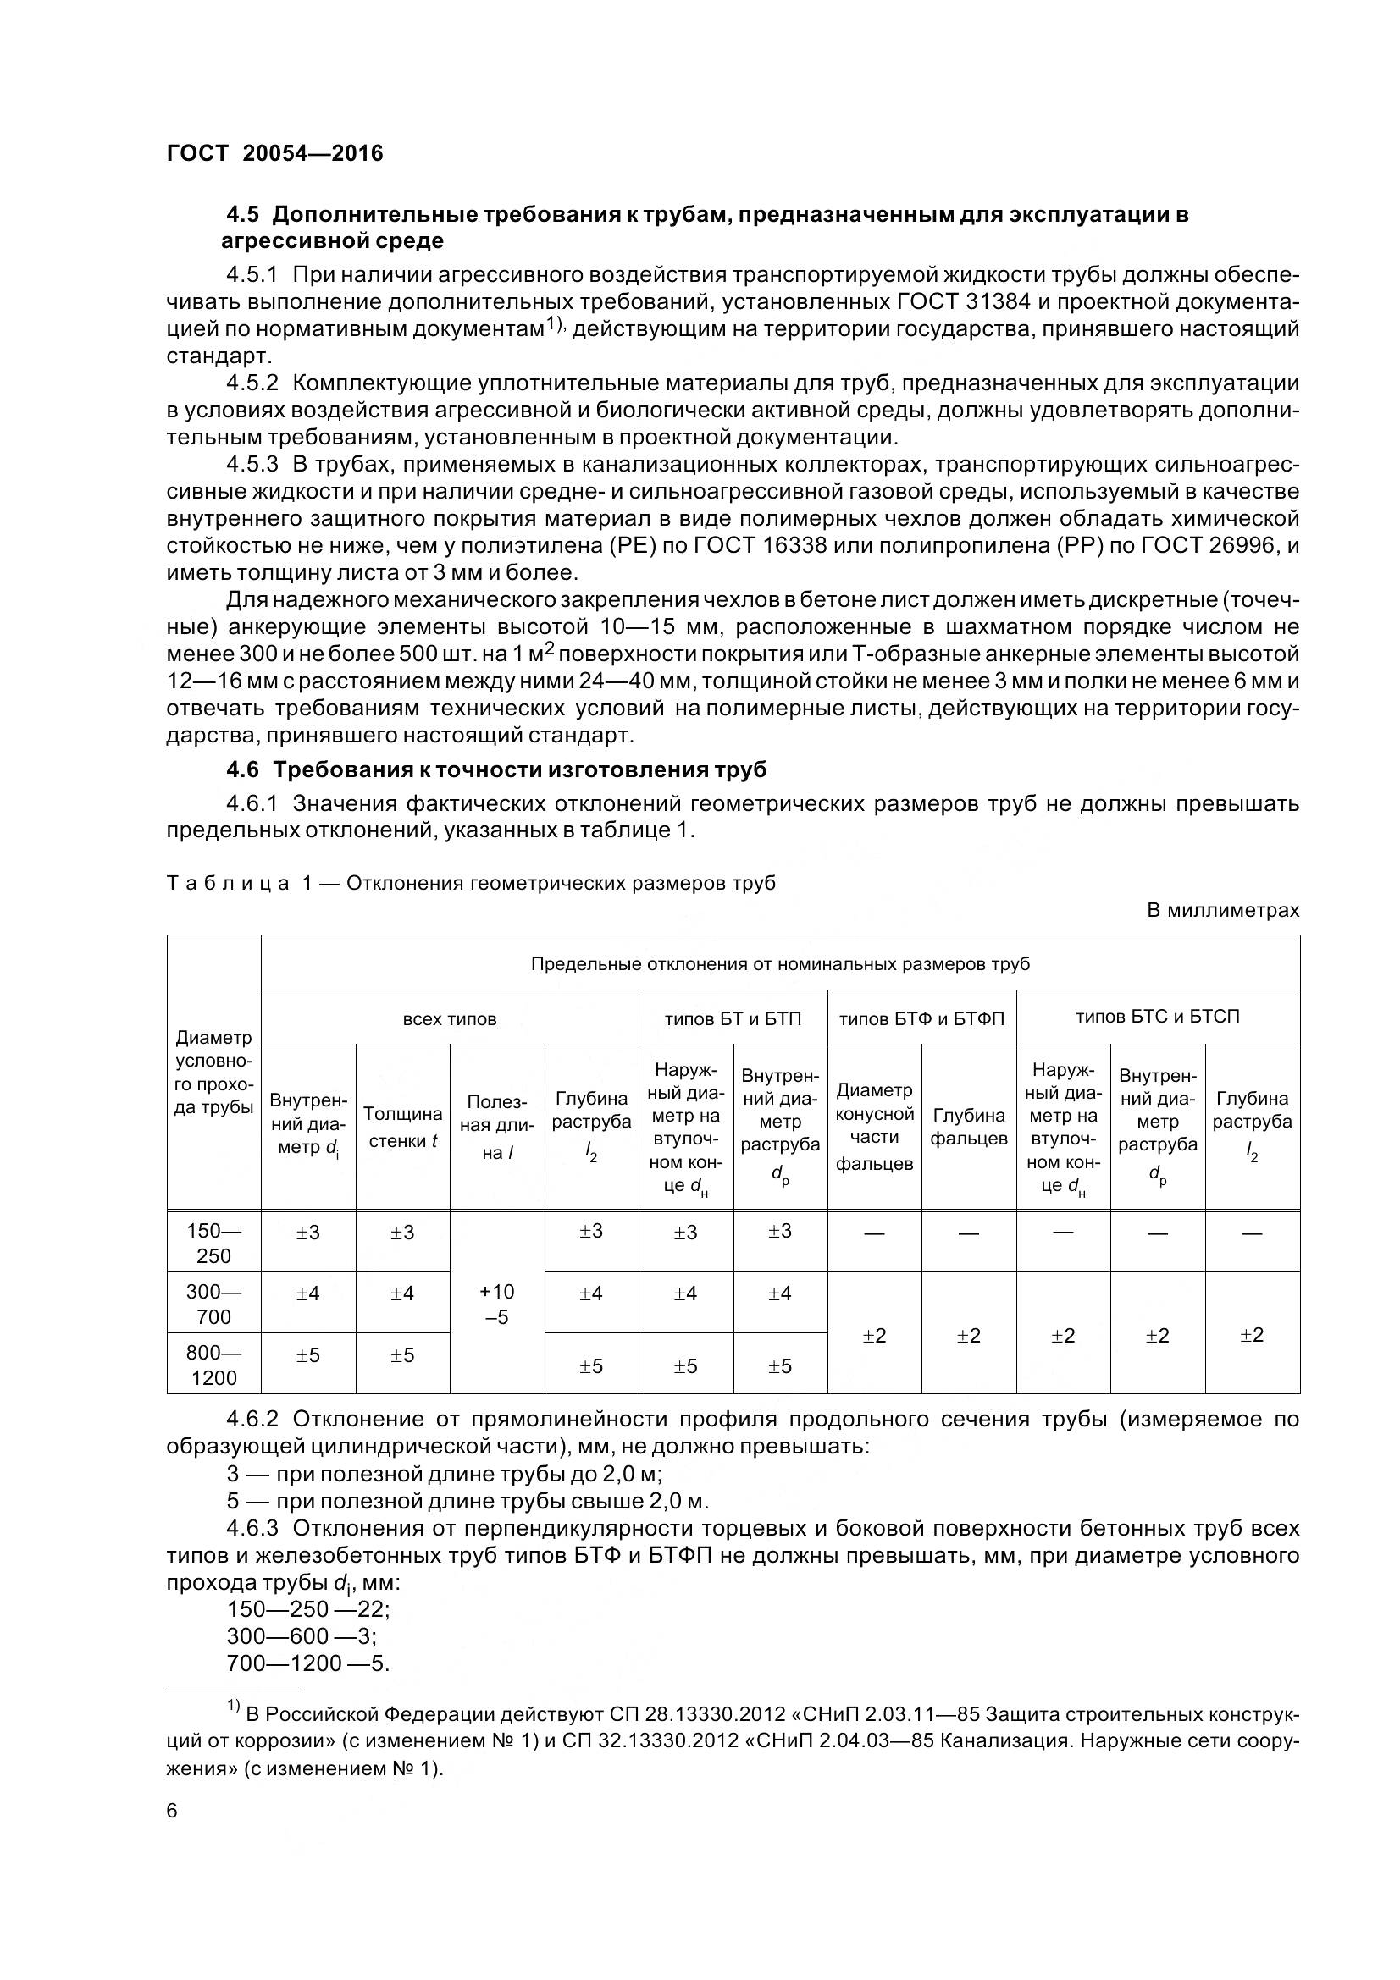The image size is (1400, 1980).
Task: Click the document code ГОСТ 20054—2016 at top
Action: coord(274,153)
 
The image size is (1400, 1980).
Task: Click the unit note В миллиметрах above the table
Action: coord(1222,911)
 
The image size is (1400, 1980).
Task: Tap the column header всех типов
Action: coord(450,1018)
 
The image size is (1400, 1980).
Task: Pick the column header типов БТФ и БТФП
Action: coord(921,1018)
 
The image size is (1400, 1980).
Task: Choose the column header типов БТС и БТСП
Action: coord(1157,1017)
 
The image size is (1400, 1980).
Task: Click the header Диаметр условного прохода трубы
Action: coord(213,1073)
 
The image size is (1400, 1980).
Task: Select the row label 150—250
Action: coord(213,1243)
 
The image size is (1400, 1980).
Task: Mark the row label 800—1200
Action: coord(213,1365)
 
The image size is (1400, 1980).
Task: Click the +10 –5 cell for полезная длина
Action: coord(497,1304)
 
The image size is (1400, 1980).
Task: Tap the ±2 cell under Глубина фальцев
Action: coord(969,1336)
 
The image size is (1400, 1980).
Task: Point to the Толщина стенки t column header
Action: coord(402,1127)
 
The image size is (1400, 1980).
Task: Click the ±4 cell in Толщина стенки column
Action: coord(402,1293)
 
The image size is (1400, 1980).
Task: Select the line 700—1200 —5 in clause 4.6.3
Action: coord(308,1663)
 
